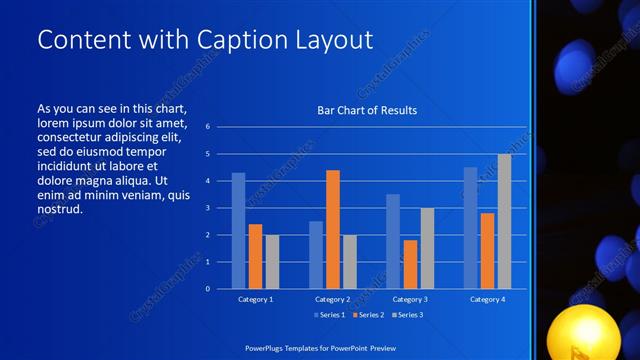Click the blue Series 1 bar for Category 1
click(x=238, y=231)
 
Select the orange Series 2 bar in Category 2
click(x=332, y=229)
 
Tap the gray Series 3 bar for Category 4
click(x=504, y=221)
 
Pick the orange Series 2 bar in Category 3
click(x=410, y=264)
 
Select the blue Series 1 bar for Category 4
click(x=470, y=228)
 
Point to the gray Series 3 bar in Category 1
click(x=272, y=262)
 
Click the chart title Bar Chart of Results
click(x=367, y=110)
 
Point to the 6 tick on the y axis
click(x=206, y=127)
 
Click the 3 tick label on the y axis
click(x=206, y=208)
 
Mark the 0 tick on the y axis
click(x=206, y=289)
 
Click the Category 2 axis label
click(x=332, y=299)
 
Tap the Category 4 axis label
click(x=487, y=299)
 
